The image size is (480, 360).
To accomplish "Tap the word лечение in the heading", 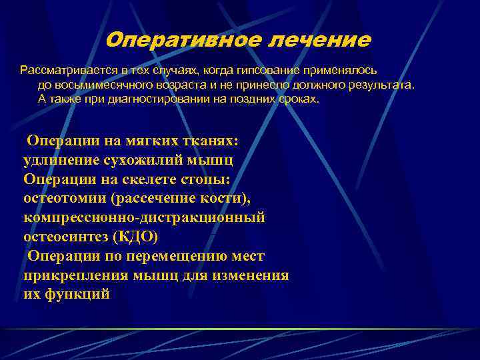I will (319, 40).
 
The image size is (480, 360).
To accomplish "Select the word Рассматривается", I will (63, 69).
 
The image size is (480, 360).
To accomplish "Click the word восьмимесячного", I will (107, 85).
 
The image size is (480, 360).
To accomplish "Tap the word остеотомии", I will (63, 199).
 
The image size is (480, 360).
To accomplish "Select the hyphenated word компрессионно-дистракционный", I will (144, 217).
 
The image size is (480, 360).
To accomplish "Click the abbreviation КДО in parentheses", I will (141, 237).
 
